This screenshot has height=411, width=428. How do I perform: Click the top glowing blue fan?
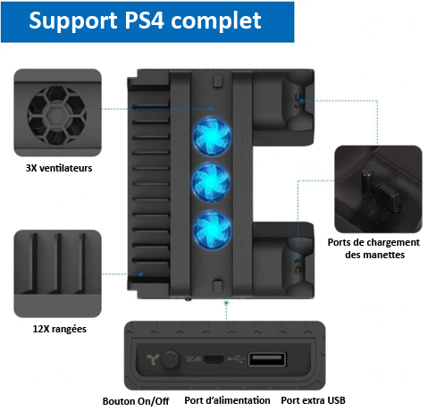(x=212, y=137)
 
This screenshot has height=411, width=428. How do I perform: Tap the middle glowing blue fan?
(x=211, y=182)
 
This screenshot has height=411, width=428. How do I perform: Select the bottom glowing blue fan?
(x=212, y=230)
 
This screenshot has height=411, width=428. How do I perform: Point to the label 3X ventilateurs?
(x=59, y=168)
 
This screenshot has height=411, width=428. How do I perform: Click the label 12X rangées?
(x=60, y=329)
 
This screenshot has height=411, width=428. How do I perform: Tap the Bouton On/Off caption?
(x=136, y=401)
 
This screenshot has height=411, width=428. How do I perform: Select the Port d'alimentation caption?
(x=227, y=400)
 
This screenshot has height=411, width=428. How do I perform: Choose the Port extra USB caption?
(x=313, y=400)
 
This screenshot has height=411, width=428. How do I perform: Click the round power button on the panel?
(x=171, y=359)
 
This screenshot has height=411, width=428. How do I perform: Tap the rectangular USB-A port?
(x=267, y=359)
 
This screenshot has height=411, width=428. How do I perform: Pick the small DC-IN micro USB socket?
(x=214, y=359)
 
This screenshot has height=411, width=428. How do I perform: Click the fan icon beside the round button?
(x=153, y=359)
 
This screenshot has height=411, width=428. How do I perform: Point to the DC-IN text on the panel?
(x=194, y=359)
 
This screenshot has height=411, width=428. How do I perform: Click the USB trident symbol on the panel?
(x=236, y=359)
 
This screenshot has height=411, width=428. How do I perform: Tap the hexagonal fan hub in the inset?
(x=57, y=115)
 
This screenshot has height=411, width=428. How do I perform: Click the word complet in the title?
(x=216, y=21)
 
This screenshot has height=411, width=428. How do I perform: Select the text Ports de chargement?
(x=373, y=242)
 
